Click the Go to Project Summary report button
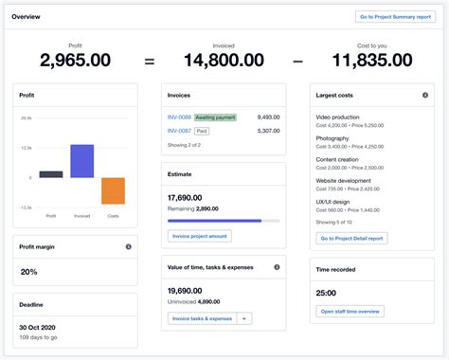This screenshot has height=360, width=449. coord(394,16)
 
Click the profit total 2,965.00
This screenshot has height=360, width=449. coord(75,61)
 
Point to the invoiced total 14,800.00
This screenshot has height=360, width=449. coord(224,61)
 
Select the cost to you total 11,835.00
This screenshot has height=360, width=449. coord(372,61)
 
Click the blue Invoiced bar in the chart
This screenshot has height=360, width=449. coord(82,161)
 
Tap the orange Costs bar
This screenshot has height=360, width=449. coord(113,190)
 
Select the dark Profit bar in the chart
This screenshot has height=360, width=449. coord(51,174)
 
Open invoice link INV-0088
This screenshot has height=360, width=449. coord(178,117)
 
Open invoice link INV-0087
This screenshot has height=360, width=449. coord(178,131)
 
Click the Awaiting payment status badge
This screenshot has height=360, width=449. coord(215,117)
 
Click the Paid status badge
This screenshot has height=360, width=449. coord(202,131)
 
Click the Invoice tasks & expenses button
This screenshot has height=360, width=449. coord(201,318)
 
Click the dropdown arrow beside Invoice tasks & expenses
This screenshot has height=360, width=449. coord(245,318)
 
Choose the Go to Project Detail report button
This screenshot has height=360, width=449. coord(351,238)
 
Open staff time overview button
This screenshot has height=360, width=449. coord(350,311)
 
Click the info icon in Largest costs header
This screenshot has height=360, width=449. coord(424,96)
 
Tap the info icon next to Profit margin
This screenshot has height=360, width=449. coord(129,246)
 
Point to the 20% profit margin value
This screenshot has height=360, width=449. coord(29,272)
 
